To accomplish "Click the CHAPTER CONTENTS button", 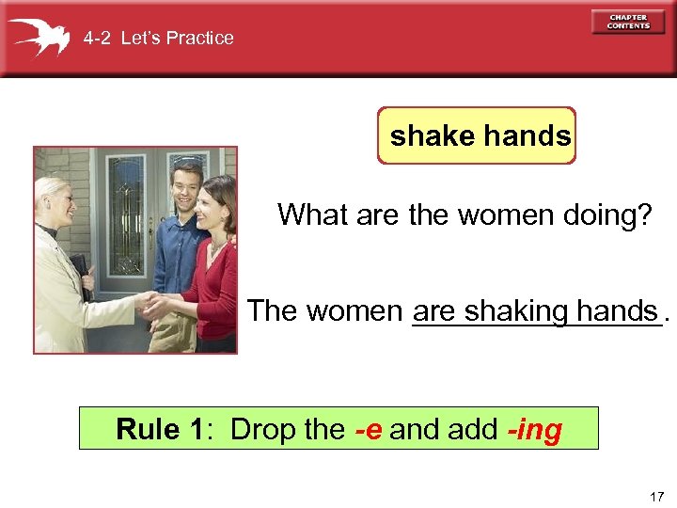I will (x=628, y=22).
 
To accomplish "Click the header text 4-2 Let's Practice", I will (x=158, y=39).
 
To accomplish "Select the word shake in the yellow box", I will (x=433, y=136).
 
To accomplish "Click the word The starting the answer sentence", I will (x=272, y=310).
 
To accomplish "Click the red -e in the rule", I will (x=368, y=430).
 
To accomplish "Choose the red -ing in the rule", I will (x=534, y=430).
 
